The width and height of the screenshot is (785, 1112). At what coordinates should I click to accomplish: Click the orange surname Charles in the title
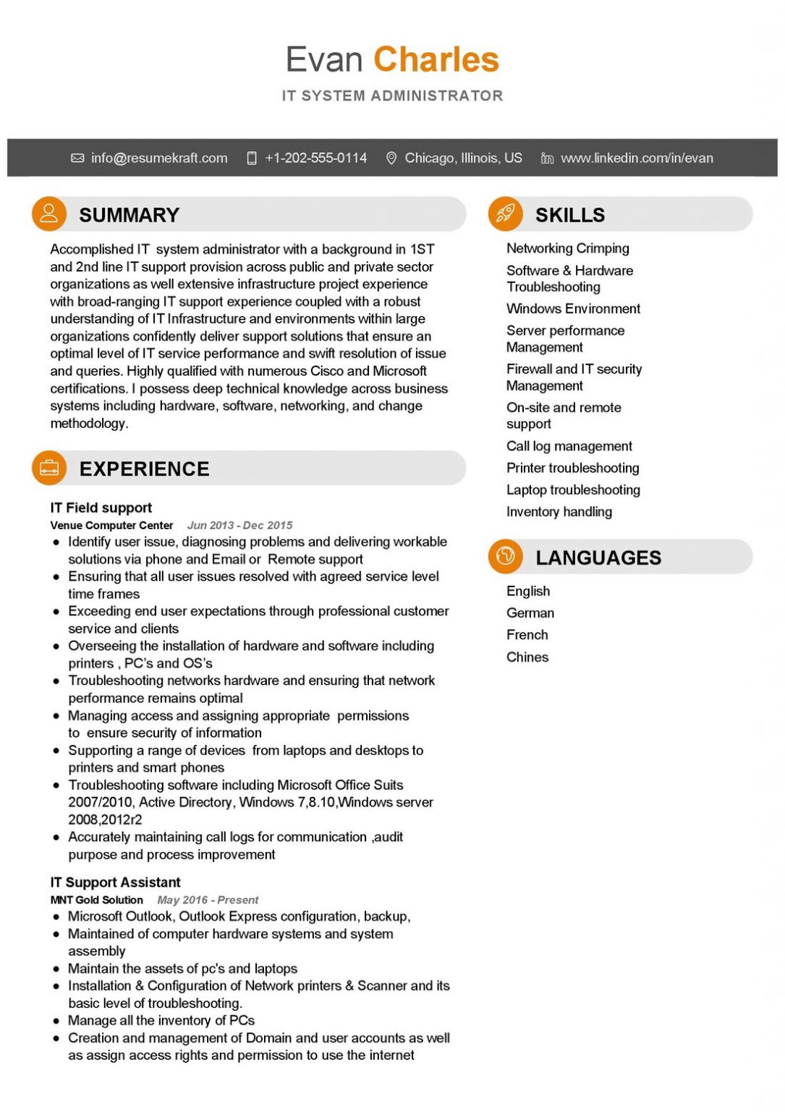click(x=436, y=59)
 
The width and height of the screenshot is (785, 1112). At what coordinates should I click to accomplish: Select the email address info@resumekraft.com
click(x=158, y=158)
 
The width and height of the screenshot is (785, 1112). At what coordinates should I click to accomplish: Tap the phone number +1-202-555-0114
click(x=315, y=158)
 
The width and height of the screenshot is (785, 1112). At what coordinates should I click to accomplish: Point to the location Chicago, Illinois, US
click(x=463, y=158)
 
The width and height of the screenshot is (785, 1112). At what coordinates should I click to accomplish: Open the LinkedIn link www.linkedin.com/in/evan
click(x=637, y=158)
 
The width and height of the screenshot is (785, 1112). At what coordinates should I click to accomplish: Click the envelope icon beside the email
click(x=77, y=158)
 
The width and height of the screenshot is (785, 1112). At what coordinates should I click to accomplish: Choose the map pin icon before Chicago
click(x=391, y=158)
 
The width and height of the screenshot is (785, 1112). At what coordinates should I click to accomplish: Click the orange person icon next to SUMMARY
click(x=49, y=214)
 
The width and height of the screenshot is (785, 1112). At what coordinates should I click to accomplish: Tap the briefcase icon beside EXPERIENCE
click(x=49, y=468)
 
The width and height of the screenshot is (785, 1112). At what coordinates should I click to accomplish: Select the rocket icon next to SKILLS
click(x=506, y=214)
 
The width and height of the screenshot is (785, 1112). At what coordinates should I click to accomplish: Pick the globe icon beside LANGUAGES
click(x=506, y=556)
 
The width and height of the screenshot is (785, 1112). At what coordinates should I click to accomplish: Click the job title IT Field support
click(x=101, y=507)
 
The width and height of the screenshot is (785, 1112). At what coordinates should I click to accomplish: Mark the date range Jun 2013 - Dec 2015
click(x=239, y=526)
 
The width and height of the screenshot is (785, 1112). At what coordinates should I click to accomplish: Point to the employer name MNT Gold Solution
click(x=97, y=900)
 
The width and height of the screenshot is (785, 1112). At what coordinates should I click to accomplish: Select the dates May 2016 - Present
click(x=208, y=900)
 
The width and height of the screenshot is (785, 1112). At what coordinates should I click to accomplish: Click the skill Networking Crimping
click(x=567, y=248)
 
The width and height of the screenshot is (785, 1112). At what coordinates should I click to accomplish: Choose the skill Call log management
click(x=569, y=446)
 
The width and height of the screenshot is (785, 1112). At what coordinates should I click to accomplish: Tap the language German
click(x=530, y=613)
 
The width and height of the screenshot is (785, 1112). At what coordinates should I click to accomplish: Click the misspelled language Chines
click(x=527, y=657)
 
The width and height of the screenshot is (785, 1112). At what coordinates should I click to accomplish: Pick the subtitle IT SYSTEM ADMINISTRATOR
click(x=392, y=96)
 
